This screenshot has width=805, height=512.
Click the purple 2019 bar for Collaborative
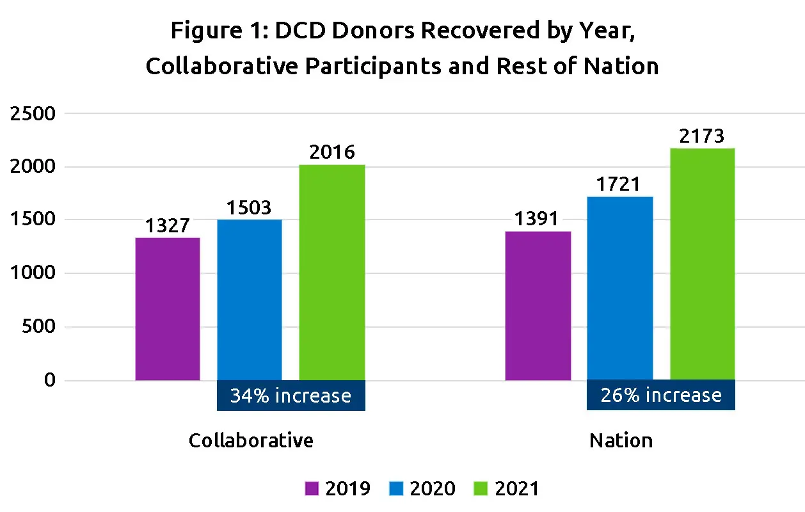[168, 309]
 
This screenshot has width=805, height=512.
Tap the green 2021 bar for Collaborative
[331, 273]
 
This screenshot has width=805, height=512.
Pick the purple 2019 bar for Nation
[538, 306]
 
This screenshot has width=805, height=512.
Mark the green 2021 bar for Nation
[702, 264]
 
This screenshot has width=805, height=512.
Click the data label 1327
[168, 226]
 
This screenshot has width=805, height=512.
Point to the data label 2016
[331, 152]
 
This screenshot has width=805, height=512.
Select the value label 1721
[619, 184]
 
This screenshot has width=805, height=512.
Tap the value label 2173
[702, 136]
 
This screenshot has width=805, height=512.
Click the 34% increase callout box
[291, 396]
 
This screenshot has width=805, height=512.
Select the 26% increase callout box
[660, 396]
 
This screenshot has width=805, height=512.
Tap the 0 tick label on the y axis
[50, 381]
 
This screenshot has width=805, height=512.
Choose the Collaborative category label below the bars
[251, 441]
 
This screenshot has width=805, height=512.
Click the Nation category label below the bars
[621, 441]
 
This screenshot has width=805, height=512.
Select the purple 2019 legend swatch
[311, 489]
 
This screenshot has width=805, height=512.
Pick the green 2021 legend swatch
[481, 489]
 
